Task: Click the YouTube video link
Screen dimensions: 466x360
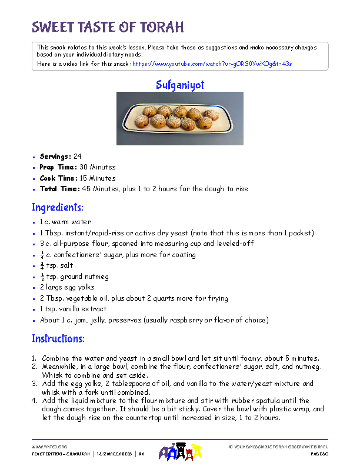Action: click(212, 63)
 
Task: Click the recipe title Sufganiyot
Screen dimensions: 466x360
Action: click(180, 85)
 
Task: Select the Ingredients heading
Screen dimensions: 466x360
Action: click(58, 208)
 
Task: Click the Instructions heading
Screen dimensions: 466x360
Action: click(58, 339)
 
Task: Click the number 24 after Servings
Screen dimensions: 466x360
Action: click(78, 157)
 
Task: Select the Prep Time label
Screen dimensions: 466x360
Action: click(58, 167)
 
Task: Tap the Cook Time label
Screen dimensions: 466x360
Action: click(58, 178)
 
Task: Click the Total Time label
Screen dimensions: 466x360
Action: click(59, 189)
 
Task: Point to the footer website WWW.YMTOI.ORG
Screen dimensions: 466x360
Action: click(49, 447)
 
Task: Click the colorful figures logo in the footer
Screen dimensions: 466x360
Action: click(179, 452)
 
